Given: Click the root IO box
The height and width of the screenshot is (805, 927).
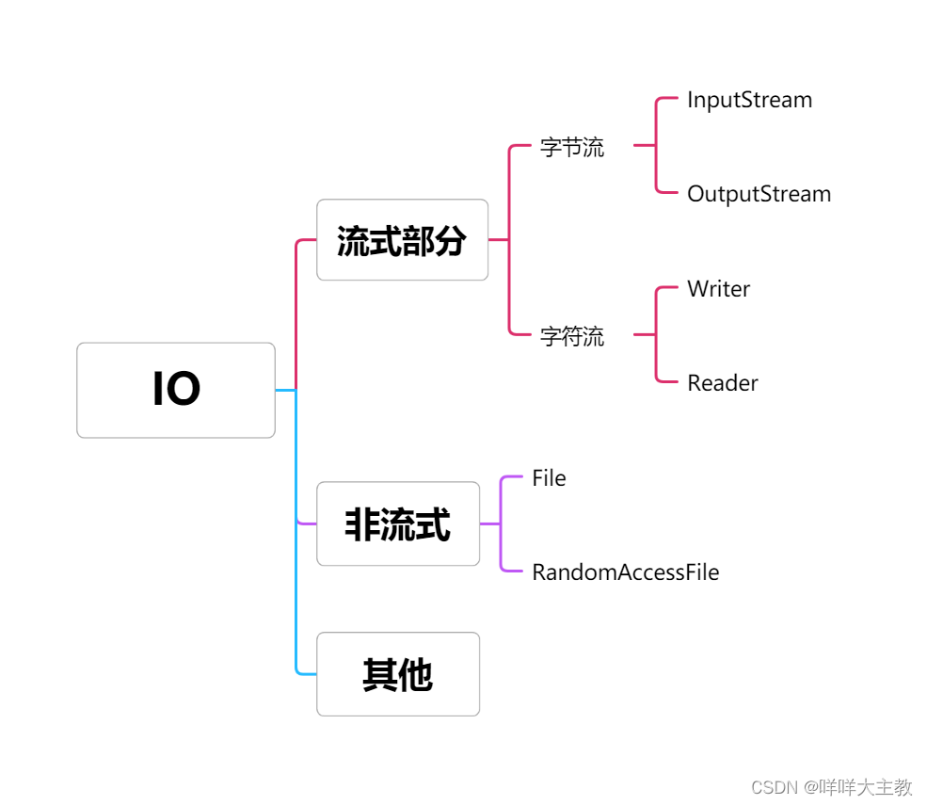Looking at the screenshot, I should coord(176,390).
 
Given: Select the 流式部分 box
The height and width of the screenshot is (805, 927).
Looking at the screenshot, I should coord(402,240).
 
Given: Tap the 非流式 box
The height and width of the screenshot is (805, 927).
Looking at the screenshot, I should coord(398,523).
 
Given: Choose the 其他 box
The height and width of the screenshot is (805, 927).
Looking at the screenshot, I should coord(398,674).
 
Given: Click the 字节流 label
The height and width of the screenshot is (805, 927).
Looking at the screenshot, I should coord(572,148).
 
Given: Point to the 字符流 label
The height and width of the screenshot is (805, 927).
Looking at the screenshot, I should coord(572,336).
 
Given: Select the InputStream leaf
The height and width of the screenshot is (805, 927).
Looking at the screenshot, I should coord(749,100).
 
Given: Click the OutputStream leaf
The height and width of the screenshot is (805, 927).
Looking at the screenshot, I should coord(759,194).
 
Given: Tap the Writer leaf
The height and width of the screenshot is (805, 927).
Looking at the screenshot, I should coord(718,289).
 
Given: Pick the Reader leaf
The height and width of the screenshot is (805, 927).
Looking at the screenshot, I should coord(722,383).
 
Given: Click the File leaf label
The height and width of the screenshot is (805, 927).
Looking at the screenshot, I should coord(549,478).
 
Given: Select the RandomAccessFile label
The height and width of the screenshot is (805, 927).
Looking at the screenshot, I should coord(625,572).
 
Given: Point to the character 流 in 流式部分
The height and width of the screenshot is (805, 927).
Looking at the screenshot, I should coord(353,241).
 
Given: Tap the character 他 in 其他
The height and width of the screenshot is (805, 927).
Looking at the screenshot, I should coord(415,675).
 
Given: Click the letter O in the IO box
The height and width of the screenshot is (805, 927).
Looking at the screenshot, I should coord(184,390).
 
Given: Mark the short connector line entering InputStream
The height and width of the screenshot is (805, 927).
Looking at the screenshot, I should coord(668,99).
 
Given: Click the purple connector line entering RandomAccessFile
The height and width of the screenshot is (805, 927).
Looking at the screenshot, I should coord(512,571).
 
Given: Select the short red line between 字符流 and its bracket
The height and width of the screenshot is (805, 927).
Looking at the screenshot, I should coord(645,334).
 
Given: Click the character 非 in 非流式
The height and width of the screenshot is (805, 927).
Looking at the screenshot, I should coord(362,524).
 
